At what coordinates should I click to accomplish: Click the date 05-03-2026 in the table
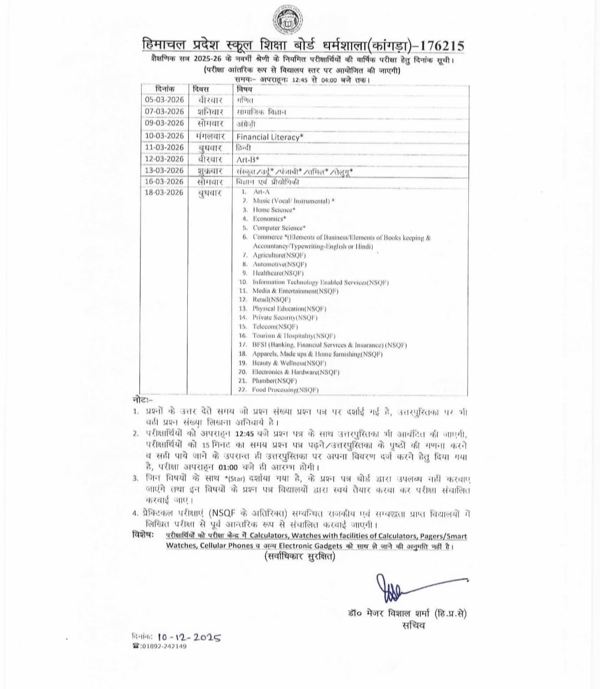164,100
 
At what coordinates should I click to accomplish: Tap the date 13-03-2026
164,171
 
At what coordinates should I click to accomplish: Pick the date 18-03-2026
164,193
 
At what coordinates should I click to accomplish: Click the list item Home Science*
274,210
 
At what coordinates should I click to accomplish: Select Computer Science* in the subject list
279,228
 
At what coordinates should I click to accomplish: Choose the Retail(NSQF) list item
268,300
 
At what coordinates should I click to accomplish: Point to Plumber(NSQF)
274,381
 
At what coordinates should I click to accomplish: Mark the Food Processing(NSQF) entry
285,390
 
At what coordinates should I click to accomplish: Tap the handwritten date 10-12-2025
189,637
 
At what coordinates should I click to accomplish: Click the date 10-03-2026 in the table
164,136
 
